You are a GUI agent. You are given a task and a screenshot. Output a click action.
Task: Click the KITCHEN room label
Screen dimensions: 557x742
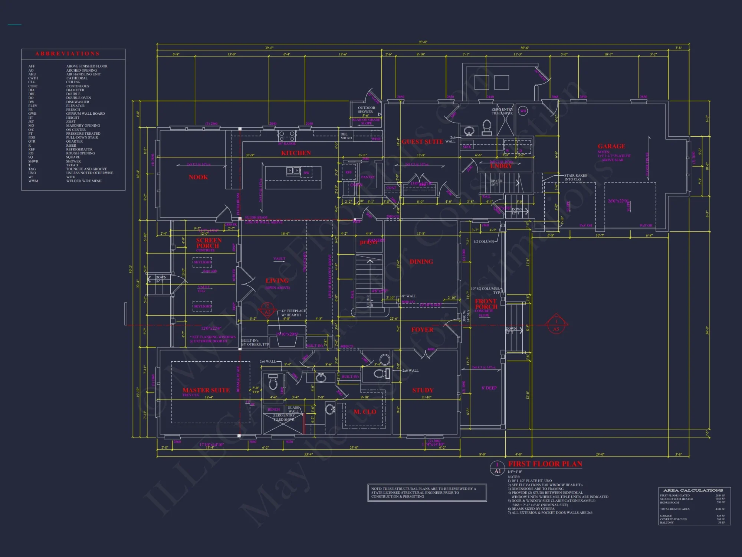click(296, 153)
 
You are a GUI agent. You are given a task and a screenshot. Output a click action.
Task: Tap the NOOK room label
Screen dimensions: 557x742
click(198, 177)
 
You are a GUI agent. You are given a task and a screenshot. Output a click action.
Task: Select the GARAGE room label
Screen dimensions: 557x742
click(611, 146)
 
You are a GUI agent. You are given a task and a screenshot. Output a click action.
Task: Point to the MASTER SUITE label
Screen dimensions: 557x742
click(206, 390)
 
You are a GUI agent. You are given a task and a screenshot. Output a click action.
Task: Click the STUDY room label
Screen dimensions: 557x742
click(423, 390)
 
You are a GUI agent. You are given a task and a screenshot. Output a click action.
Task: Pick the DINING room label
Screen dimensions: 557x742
click(421, 262)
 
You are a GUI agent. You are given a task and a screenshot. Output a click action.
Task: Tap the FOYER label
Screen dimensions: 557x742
click(422, 330)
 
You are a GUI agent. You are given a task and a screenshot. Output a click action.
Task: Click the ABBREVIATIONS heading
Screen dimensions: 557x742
click(68, 54)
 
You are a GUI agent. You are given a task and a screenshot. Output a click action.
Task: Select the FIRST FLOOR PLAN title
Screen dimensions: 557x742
click(545, 464)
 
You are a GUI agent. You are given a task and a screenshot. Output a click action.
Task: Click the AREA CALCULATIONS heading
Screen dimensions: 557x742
click(693, 491)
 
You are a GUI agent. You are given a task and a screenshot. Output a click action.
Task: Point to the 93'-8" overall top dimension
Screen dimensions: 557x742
click(423, 42)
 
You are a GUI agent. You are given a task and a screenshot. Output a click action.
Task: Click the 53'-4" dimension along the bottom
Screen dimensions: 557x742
click(309, 454)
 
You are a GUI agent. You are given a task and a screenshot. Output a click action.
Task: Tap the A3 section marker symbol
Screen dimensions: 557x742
click(556, 326)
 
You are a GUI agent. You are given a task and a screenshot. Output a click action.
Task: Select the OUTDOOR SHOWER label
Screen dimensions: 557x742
click(366, 110)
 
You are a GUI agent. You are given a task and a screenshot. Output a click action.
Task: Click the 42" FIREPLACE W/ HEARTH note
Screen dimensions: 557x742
click(293, 313)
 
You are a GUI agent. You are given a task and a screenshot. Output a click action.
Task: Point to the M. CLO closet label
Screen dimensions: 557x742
click(365, 412)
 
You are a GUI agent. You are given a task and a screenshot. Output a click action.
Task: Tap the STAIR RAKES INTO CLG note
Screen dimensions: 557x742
click(575, 177)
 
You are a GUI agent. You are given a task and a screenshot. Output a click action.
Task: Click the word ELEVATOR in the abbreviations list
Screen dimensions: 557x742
click(75, 106)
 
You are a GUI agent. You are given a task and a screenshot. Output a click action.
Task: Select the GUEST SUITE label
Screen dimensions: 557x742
click(422, 142)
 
